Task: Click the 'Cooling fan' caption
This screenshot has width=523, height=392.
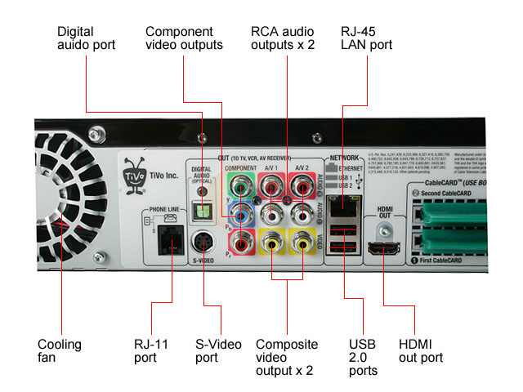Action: [60, 351]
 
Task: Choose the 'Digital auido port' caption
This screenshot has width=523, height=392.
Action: [87, 38]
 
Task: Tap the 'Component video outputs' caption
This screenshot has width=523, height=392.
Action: [184, 38]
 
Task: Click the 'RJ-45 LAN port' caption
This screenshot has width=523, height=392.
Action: [366, 38]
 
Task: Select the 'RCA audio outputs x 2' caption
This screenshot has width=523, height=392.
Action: [283, 38]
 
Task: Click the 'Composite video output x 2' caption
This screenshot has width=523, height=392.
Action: [287, 357]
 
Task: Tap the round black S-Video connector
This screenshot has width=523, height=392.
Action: [203, 242]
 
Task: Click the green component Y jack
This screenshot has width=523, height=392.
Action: [239, 187]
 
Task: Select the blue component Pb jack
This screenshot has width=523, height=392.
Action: [239, 214]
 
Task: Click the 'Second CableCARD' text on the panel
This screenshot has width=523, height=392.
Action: [448, 194]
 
